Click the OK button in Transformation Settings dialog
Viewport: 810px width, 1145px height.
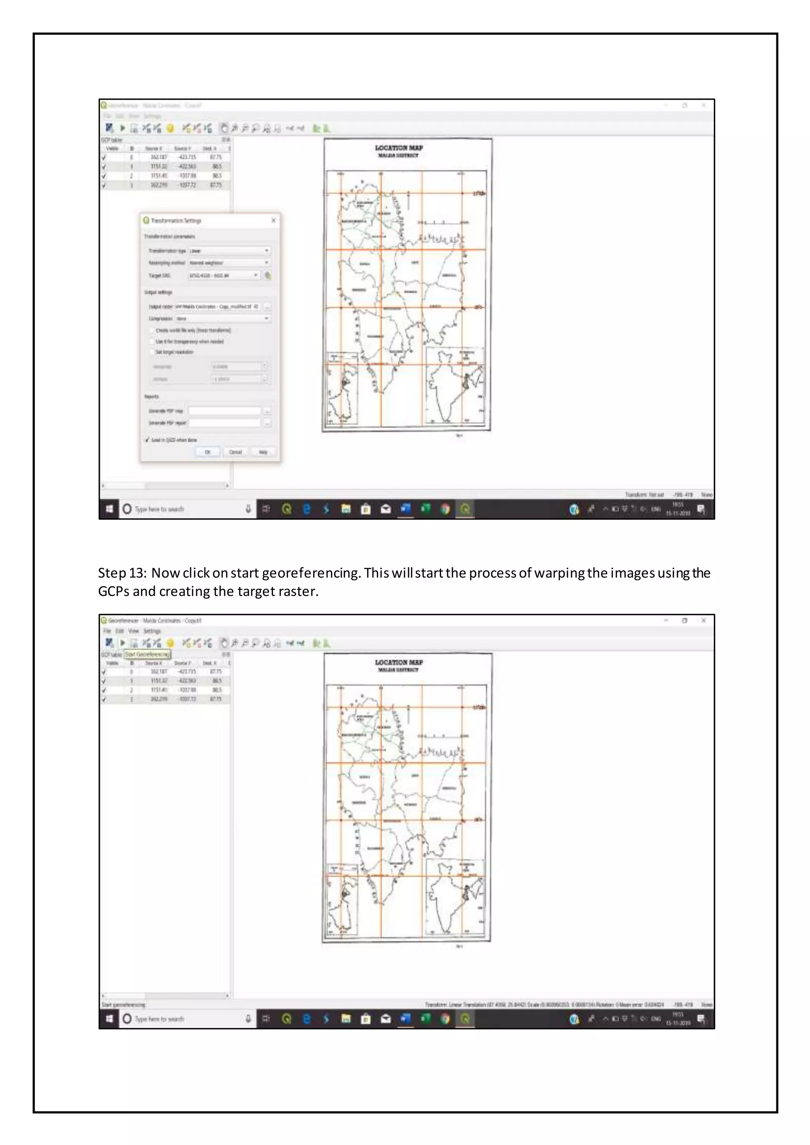pos(208,452)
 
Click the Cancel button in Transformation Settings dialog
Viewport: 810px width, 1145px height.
pos(235,452)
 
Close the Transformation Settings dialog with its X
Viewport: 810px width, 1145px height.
pos(273,221)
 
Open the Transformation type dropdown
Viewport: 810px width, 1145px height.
pos(229,251)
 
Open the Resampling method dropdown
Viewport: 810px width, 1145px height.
pos(229,263)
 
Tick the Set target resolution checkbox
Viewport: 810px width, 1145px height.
pos(152,352)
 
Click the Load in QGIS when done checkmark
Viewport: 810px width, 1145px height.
pos(148,440)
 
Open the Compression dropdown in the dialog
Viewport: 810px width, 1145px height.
pos(223,318)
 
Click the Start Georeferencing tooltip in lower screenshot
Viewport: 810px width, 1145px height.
pos(147,654)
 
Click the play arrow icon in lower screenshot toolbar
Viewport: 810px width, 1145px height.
pos(123,643)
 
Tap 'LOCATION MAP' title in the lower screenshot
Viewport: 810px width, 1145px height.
pos(399,662)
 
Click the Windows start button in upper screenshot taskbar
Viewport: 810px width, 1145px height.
pos(109,509)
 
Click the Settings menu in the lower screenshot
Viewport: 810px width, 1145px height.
pos(153,631)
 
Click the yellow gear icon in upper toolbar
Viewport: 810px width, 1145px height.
pos(170,128)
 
